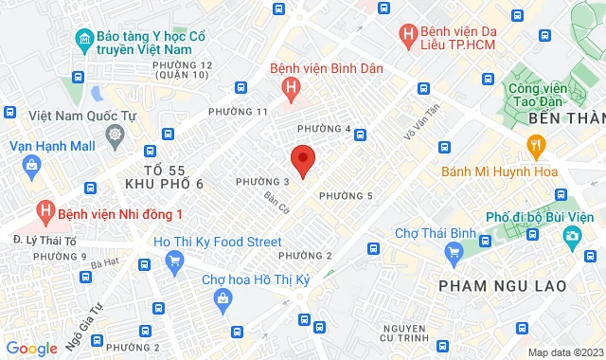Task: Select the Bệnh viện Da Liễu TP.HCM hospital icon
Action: pos(407,36)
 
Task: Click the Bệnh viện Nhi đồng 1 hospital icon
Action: pos(44,209)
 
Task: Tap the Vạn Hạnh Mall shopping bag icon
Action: pos(32,167)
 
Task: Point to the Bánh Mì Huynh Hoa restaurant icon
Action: pos(536,145)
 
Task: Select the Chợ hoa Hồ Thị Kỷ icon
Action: pos(223,299)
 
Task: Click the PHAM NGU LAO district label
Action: pos(503,285)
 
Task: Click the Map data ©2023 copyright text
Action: pos(563,352)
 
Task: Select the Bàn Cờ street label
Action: pos(276,202)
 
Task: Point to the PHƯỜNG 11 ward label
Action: pos(262,112)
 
